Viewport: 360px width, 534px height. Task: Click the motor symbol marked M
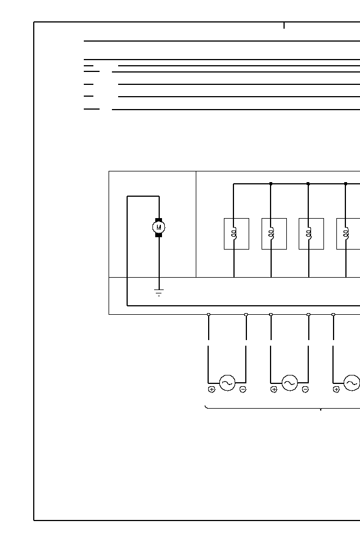(x=159, y=227)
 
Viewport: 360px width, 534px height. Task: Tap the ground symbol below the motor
(x=159, y=292)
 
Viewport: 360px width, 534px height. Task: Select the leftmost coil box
(x=236, y=233)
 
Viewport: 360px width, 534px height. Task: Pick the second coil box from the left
(x=274, y=233)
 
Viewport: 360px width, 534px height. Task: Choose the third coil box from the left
(x=311, y=233)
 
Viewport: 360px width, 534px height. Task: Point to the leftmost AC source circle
(x=227, y=383)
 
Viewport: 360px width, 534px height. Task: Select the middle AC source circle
(x=290, y=383)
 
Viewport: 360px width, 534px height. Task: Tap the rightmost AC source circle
(x=352, y=383)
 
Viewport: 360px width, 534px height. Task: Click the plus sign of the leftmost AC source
(x=211, y=390)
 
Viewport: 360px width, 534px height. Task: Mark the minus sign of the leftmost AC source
(x=242, y=390)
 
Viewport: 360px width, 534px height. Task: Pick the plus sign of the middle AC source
(x=274, y=390)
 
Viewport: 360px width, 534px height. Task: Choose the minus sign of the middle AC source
(x=305, y=390)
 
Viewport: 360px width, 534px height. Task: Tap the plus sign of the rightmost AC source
(x=336, y=390)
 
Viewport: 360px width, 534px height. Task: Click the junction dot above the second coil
(x=271, y=184)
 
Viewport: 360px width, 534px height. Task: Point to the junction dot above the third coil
(x=308, y=184)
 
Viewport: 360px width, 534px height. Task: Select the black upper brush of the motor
(x=159, y=220)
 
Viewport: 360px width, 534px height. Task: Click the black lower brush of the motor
(x=159, y=235)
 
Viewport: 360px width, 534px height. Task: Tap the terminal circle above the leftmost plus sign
(x=209, y=314)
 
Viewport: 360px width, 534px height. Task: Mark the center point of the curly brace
(x=321, y=409)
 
